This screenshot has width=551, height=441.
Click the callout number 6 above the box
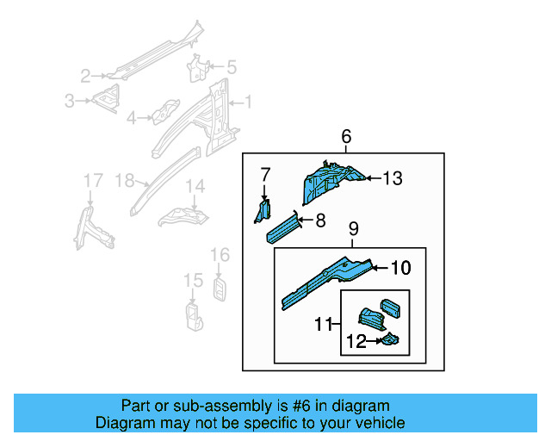pyautogui.click(x=346, y=136)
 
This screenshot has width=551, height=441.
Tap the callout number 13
pyautogui.click(x=393, y=178)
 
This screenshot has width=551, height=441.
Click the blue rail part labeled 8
pyautogui.click(x=283, y=226)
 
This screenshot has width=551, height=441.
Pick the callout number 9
pyautogui.click(x=352, y=229)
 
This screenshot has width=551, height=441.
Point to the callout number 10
pyautogui.click(x=401, y=268)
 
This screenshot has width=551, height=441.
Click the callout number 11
pyautogui.click(x=324, y=324)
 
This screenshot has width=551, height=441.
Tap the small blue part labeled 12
pyautogui.click(x=390, y=341)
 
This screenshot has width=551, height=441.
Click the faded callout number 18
pyautogui.click(x=125, y=180)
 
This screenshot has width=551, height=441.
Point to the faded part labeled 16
pyautogui.click(x=220, y=288)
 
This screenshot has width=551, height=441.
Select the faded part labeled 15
pyautogui.click(x=193, y=315)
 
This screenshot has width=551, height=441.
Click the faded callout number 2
pyautogui.click(x=85, y=75)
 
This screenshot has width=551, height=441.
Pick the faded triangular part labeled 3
pyautogui.click(x=108, y=100)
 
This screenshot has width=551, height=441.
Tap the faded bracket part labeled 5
pyautogui.click(x=200, y=68)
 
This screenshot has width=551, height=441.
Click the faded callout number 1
pyautogui.click(x=250, y=102)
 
